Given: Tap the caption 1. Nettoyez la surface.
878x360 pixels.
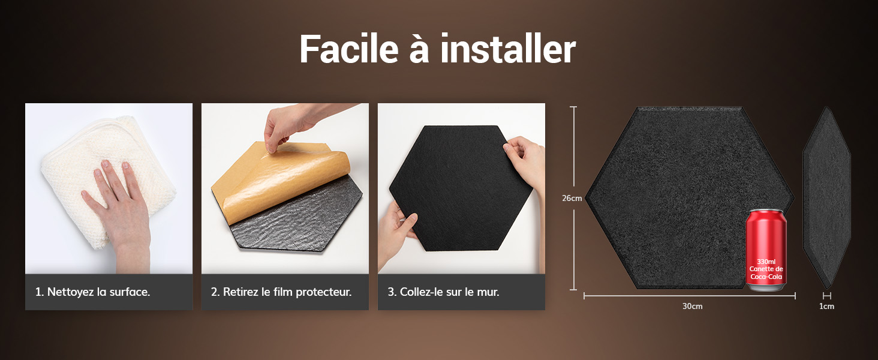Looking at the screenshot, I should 92,292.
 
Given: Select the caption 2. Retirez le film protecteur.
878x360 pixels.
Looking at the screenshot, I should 281,292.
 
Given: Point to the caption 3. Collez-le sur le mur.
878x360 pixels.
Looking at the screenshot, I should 443,292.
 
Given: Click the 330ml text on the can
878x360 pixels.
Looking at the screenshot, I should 766,262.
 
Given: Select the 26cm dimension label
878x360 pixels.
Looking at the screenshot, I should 572,199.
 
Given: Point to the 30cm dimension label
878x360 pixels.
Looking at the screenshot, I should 692,307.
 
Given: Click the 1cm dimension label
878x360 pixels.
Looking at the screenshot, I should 826,307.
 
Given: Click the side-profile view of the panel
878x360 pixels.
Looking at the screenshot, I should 826,198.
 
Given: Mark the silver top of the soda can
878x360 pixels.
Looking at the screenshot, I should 766,214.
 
